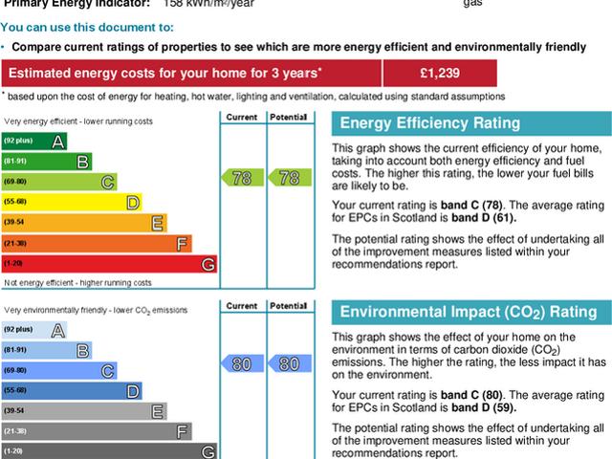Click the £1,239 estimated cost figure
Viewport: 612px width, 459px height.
[x=439, y=73]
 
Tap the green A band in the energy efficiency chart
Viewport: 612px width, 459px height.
[x=34, y=142]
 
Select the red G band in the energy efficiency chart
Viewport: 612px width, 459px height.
[x=109, y=263]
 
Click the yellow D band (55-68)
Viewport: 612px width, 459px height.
[x=72, y=202]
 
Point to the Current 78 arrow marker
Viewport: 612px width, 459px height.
[x=242, y=178]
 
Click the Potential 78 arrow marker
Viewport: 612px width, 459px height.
[x=288, y=178]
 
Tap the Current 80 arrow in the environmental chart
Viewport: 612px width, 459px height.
[x=242, y=363]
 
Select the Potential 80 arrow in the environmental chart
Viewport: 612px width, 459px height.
[x=288, y=363]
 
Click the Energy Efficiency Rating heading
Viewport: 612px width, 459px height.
[x=430, y=123]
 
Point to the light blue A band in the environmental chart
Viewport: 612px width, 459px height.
[x=34, y=330]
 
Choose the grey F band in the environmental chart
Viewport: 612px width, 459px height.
[x=97, y=430]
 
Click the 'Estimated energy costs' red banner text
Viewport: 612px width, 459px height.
[x=163, y=73]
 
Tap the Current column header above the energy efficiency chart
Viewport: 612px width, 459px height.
[x=242, y=117]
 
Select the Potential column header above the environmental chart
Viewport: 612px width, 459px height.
[x=288, y=306]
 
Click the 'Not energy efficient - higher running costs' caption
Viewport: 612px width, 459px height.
[x=77, y=283]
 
